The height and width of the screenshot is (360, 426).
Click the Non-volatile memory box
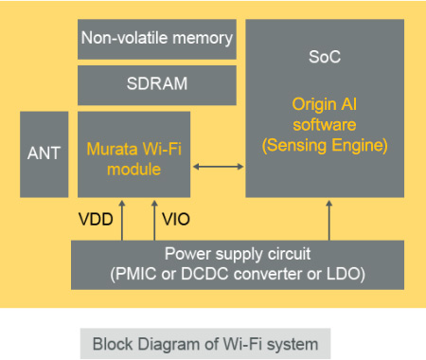(x=156, y=39)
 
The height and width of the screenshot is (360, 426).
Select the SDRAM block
(x=156, y=84)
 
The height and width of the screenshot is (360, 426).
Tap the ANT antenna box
(x=44, y=153)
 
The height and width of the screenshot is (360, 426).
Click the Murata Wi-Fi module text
(x=133, y=159)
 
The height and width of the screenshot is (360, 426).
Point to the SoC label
(x=325, y=58)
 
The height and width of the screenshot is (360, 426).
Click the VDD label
(x=96, y=219)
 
